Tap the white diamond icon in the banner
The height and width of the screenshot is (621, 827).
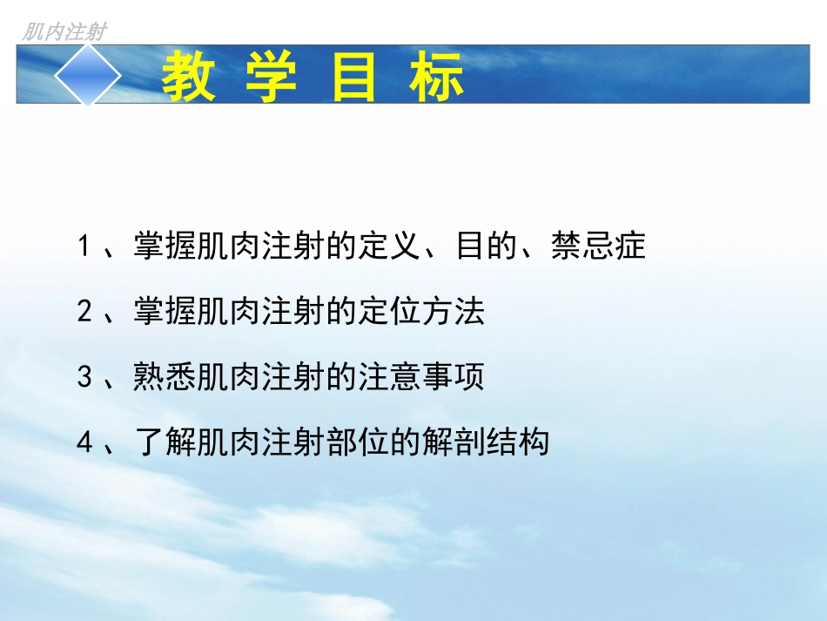coord(88,75)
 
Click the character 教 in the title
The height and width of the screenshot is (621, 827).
coord(191,78)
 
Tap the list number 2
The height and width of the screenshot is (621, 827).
coord(84,312)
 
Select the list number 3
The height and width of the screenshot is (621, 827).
coord(84,378)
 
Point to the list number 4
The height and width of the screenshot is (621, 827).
coord(84,442)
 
